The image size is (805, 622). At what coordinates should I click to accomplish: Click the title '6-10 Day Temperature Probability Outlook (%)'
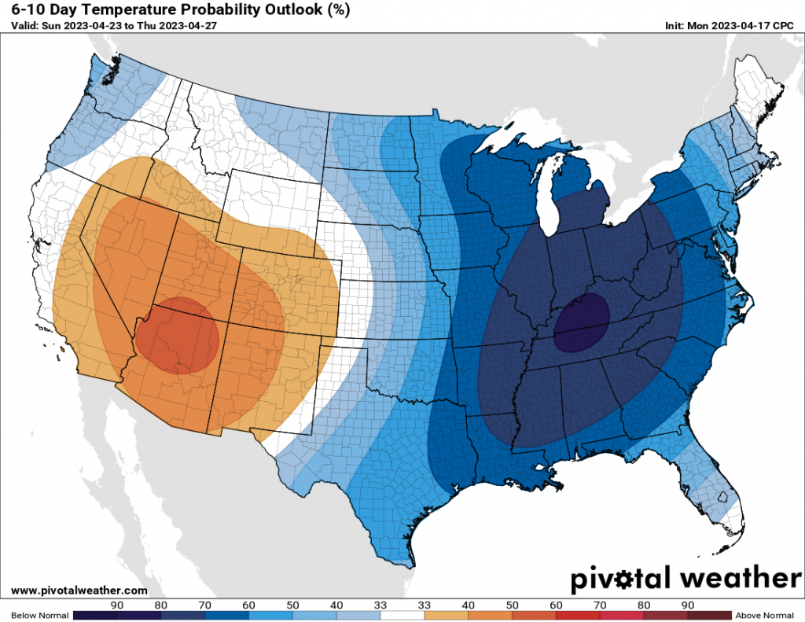(182, 10)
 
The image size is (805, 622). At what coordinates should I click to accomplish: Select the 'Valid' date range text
(114, 24)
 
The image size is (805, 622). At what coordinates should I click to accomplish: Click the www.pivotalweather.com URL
(80, 590)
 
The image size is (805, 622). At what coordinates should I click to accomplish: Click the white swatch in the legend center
(402, 615)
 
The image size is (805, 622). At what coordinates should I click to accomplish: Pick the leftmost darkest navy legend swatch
(94, 615)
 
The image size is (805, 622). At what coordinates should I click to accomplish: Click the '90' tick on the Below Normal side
(116, 605)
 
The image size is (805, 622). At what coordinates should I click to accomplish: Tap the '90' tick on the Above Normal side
(688, 605)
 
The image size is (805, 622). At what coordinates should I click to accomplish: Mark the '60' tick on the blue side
(249, 605)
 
